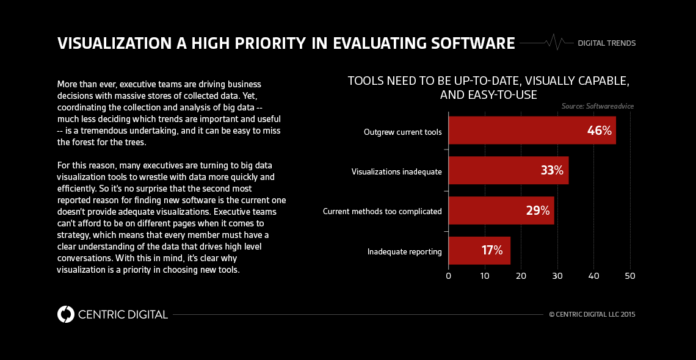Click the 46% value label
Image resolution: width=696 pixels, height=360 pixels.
[x=599, y=131]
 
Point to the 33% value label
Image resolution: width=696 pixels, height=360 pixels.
[x=552, y=171]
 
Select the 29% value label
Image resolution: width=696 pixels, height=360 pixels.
[x=537, y=211]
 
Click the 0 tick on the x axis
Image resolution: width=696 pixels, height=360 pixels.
[x=449, y=276]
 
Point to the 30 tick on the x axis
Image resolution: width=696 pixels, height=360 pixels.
[x=557, y=276]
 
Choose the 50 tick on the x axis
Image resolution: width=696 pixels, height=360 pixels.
[x=630, y=276]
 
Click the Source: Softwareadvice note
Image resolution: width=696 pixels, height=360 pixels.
[x=598, y=106]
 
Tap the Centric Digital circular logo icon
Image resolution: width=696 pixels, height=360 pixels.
[x=65, y=314]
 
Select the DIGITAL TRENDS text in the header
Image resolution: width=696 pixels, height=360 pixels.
[x=606, y=43]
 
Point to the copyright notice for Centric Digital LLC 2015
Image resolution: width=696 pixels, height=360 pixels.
[x=592, y=315]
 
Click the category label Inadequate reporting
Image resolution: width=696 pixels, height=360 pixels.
[x=404, y=251]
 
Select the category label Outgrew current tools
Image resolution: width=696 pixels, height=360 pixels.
[x=402, y=132]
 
